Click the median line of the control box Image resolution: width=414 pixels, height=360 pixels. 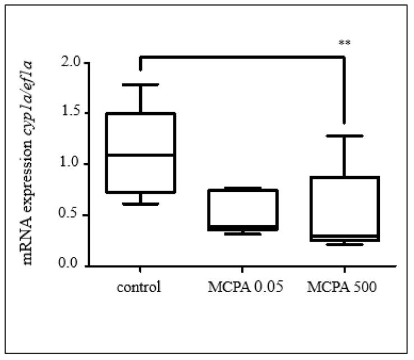pos(140,155)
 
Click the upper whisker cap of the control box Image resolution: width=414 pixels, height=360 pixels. pos(140,85)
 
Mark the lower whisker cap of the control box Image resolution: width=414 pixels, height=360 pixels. pos(140,204)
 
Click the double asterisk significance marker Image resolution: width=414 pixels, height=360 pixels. pos(344,43)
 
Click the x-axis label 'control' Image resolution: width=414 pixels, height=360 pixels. pos(140,289)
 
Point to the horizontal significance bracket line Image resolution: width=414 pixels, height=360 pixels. pos(242,56)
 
